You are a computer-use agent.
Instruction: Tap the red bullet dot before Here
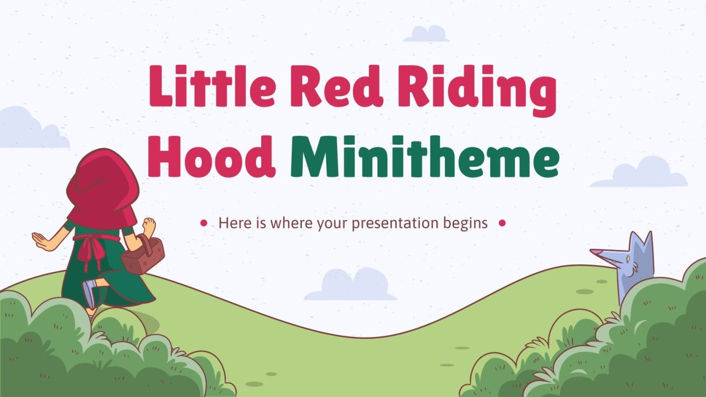point(204,224)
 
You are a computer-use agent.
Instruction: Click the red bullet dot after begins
point(502,224)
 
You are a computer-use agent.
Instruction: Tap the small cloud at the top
point(426,34)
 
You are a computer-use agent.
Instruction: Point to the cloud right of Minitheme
point(640,173)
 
